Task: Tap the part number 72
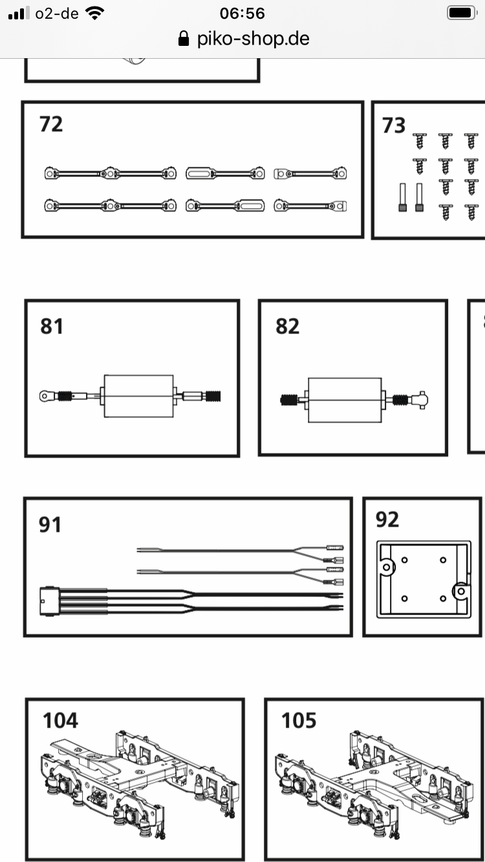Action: click(x=51, y=124)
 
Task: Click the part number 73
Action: click(x=393, y=125)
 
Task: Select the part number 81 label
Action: click(x=51, y=326)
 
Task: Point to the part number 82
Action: click(x=287, y=326)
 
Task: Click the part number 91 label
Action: click(x=50, y=525)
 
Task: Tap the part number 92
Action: click(x=387, y=520)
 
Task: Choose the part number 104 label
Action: click(x=60, y=720)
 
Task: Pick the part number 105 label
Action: click(x=299, y=720)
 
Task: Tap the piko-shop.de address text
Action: click(x=253, y=39)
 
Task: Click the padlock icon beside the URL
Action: click(x=184, y=39)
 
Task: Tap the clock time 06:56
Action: click(x=242, y=14)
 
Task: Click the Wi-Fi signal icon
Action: click(x=95, y=13)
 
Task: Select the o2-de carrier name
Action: click(x=57, y=14)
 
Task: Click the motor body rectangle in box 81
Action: click(x=138, y=396)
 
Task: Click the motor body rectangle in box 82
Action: click(x=345, y=400)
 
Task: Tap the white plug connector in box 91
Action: click(x=50, y=601)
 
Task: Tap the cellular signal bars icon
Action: click(x=19, y=13)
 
